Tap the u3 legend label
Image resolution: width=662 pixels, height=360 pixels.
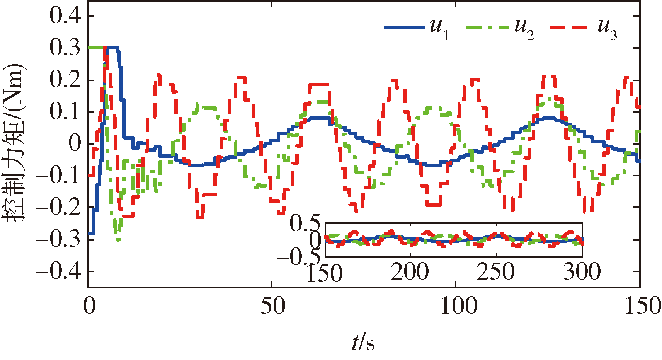(607, 29)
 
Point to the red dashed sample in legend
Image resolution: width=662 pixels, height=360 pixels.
(568, 27)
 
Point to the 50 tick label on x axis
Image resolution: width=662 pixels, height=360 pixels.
(272, 306)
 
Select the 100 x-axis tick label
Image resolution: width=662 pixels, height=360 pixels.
(458, 306)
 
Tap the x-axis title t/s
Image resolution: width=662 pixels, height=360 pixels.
(363, 343)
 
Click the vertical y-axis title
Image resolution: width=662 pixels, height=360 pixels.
(14, 143)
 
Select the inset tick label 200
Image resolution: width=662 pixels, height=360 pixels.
(410, 272)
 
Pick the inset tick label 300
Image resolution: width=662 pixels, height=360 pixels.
(582, 272)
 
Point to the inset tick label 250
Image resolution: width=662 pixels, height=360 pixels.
(496, 272)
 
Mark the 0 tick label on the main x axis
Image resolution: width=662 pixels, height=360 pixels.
(89, 306)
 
